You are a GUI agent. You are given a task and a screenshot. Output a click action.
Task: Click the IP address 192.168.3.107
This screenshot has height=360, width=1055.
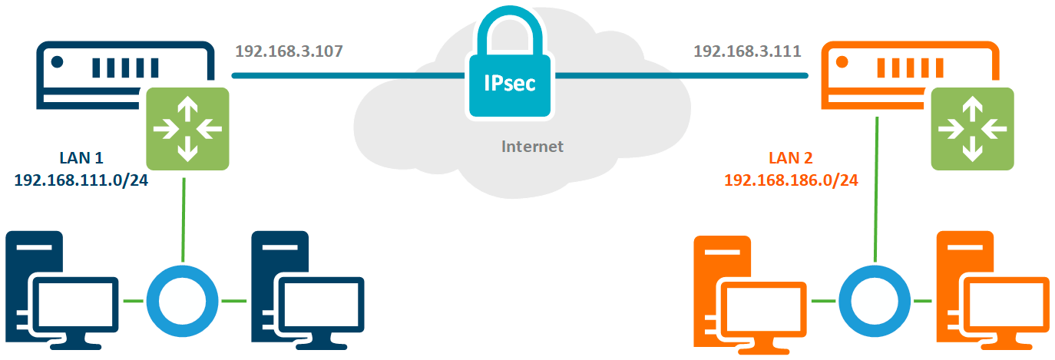pos(289,51)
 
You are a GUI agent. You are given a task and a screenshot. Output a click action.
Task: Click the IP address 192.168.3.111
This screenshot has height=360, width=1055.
pos(747,51)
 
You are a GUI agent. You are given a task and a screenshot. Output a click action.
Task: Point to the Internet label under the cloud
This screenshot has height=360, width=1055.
pos(532,146)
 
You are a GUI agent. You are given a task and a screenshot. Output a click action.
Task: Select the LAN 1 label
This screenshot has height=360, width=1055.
pos(81,158)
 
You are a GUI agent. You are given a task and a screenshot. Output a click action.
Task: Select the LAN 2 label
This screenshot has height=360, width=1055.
pos(791,158)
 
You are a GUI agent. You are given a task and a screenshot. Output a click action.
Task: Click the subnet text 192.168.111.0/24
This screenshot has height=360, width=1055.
pos(81,180)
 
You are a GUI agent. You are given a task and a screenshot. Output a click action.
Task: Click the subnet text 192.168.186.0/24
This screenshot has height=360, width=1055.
pos(791,180)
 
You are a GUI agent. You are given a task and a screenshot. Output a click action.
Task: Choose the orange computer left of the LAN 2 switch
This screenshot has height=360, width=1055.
pos(749,296)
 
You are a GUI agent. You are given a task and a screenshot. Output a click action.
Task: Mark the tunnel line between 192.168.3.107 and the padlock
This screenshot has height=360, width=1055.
pos(349,76)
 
